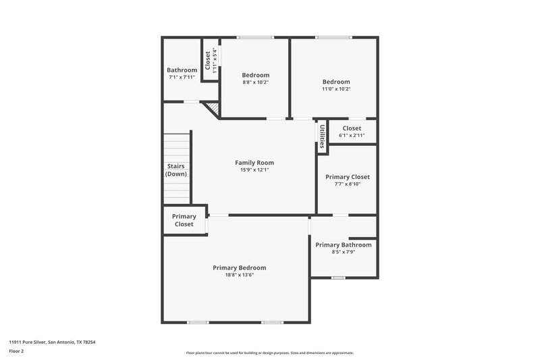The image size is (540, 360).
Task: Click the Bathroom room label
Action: [182, 70]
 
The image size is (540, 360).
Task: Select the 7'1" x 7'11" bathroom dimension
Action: [182, 77]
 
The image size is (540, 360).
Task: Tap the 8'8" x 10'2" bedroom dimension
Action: [255, 82]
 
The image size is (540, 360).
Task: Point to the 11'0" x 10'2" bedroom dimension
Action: [335, 88]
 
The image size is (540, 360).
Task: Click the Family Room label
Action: [254, 163]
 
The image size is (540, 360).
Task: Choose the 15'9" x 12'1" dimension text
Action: [254, 170]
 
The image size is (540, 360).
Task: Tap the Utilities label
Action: [323, 136]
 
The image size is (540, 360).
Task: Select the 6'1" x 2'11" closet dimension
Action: [352, 135]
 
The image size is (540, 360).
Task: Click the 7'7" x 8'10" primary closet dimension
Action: [347, 184]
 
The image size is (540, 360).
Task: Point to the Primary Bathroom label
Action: [343, 245]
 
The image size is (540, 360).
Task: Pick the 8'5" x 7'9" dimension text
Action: [343, 252]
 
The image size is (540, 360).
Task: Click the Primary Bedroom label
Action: [239, 267]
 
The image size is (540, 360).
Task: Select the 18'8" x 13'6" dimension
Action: [239, 275]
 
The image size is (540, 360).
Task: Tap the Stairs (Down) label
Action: [176, 170]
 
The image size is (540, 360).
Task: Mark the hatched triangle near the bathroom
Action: [212, 108]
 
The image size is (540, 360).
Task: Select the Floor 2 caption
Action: [17, 351]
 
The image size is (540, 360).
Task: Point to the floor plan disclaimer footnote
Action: [269, 353]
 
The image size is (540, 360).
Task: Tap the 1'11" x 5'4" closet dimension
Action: [215, 60]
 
